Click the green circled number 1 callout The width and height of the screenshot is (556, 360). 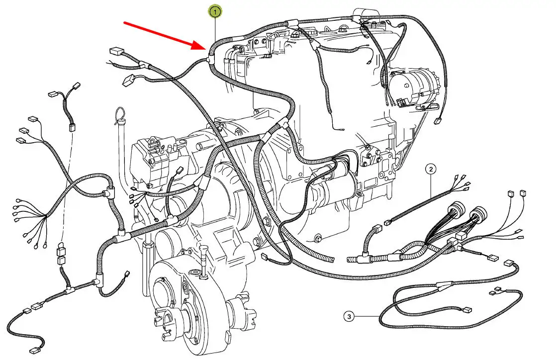click(x=215, y=12)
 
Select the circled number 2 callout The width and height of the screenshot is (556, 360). click(x=431, y=169)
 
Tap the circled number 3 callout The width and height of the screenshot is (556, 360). click(x=349, y=316)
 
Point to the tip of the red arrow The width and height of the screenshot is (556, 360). click(x=206, y=49)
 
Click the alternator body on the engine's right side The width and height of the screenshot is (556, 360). click(x=413, y=87)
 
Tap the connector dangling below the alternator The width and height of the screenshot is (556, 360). click(x=437, y=121)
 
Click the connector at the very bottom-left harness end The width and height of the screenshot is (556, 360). click(x=35, y=351)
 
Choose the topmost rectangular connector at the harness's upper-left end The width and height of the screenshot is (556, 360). click(x=115, y=51)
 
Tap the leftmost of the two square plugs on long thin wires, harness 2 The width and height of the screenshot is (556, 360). click(x=511, y=193)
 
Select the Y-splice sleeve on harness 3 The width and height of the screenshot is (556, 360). click(x=444, y=283)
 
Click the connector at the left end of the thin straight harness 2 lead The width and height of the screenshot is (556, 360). click(x=387, y=223)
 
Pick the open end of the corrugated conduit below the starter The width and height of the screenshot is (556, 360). click(x=331, y=260)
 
